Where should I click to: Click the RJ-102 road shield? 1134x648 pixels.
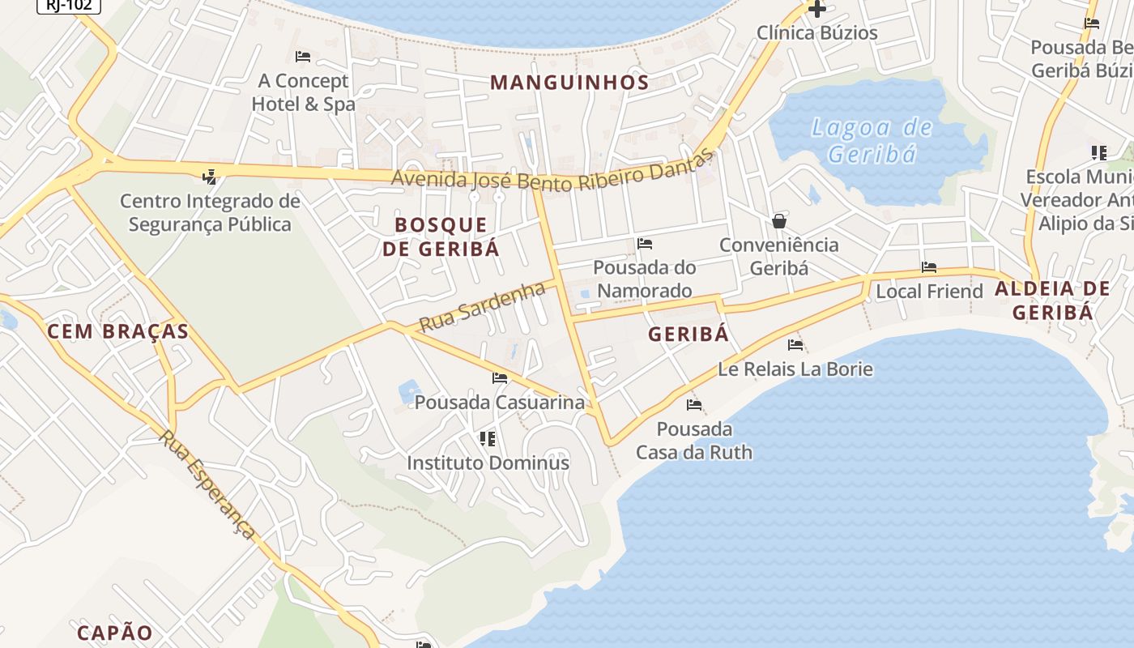tap(69, 6)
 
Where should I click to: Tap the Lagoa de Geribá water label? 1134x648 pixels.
tap(872, 140)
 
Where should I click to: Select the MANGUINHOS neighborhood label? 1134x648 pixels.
tap(569, 83)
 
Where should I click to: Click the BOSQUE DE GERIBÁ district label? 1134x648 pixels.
tap(441, 237)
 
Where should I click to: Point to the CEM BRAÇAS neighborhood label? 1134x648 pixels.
tap(117, 331)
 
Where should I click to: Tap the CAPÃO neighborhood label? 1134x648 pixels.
tap(115, 633)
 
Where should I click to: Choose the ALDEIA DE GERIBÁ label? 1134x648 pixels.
tap(1052, 301)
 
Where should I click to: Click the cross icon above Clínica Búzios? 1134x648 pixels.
tap(817, 10)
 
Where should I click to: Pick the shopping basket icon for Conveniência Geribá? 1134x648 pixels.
tap(779, 221)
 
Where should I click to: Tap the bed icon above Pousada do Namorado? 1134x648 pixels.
tap(645, 244)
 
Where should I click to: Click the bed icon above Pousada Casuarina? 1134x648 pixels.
tap(500, 378)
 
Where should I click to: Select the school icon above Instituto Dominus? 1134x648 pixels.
tap(488, 439)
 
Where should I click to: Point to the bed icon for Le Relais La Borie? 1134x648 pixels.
tap(795, 345)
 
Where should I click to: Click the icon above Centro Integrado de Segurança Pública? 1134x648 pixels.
tap(210, 177)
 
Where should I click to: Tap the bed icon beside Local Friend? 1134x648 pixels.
tap(929, 267)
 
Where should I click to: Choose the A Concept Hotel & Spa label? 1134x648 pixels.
tap(303, 92)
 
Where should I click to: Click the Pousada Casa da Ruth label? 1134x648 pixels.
tap(694, 441)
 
